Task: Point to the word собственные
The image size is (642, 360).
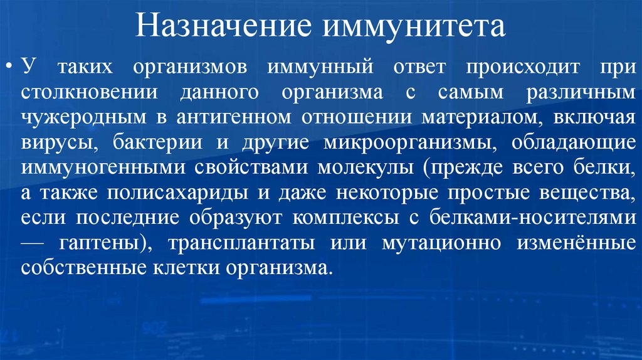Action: coord(82,268)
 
